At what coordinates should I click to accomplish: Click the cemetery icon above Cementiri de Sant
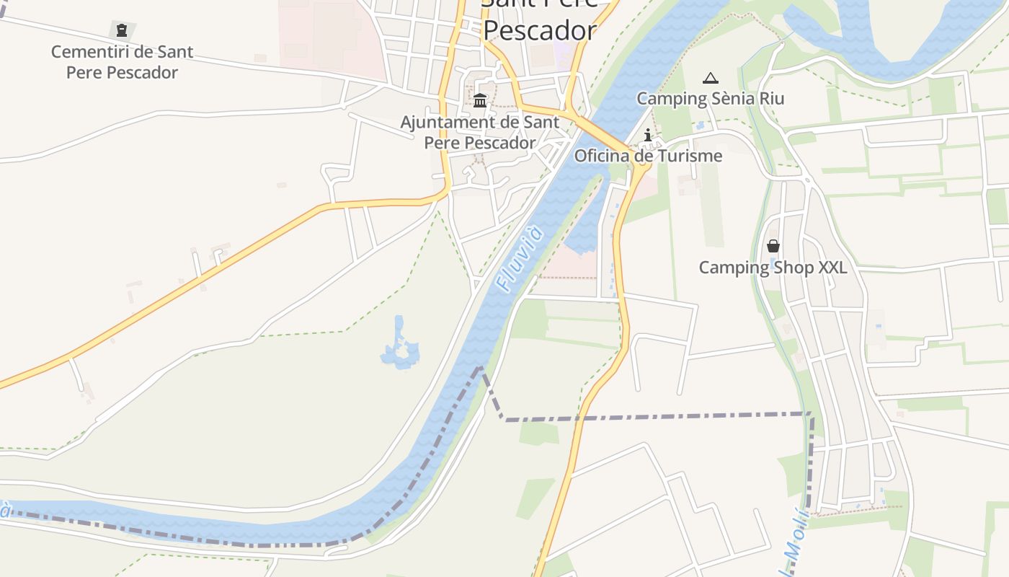pos(121,30)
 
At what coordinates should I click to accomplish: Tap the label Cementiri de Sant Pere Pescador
pos(122,62)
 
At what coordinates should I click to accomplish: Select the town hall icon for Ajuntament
pos(480,100)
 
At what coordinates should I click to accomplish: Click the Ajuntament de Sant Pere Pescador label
pos(479,132)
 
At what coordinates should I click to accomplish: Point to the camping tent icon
pos(711,78)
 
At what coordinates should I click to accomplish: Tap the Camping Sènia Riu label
pos(710,98)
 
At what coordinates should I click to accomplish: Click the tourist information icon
pos(648,135)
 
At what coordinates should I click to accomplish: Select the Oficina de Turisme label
pos(648,156)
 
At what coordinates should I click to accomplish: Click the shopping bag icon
pos(773,246)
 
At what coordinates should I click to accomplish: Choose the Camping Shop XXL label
pos(773,268)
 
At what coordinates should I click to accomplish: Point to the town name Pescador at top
pos(539,30)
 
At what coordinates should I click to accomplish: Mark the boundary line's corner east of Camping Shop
pos(812,414)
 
